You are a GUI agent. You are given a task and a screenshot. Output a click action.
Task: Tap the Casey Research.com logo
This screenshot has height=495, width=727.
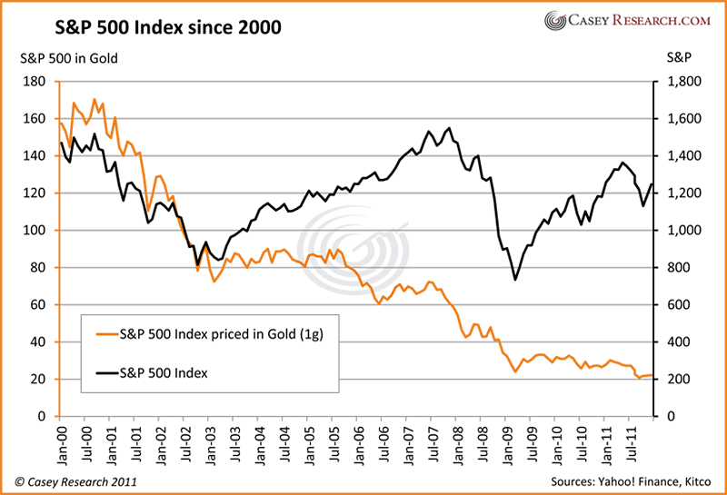pyautogui.click(x=622, y=20)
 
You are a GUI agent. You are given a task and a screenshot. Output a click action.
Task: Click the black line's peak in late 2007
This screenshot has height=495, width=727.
pyautogui.click(x=449, y=128)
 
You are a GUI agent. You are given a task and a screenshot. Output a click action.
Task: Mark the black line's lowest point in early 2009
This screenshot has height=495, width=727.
pyautogui.click(x=515, y=279)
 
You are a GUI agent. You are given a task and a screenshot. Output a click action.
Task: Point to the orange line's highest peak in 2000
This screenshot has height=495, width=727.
pyautogui.click(x=95, y=99)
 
